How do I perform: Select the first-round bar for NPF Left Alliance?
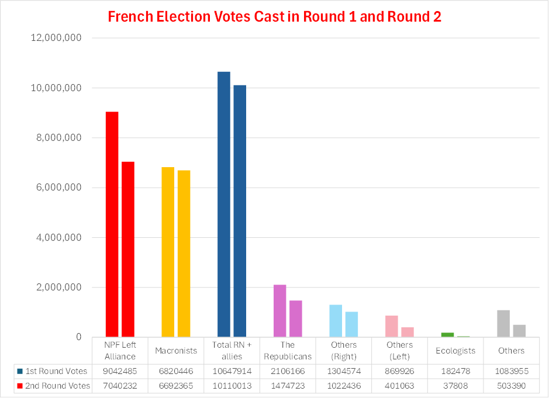point(112,224)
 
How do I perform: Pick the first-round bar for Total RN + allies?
point(224,205)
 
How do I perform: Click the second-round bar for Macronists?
point(184,254)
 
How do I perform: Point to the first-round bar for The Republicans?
point(280,311)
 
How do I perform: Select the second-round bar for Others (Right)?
point(351,324)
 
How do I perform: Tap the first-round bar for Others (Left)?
point(392,326)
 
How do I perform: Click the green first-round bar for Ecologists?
point(448,335)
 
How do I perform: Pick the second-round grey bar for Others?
point(519,331)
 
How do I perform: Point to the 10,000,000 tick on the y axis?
point(57,88)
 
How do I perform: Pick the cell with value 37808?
point(455,386)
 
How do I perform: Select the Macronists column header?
point(175,351)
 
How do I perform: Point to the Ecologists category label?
point(455,351)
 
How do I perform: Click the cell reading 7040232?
point(119,386)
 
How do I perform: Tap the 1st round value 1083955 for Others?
point(512,371)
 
